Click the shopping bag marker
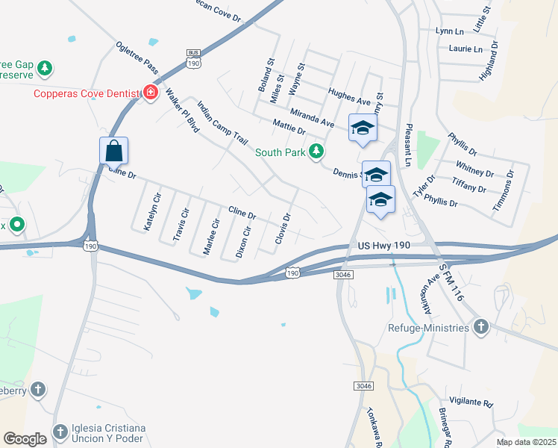pos(113,150)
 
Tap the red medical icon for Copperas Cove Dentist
pos(151,93)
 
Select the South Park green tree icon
pos(317,152)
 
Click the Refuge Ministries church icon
pos(481,327)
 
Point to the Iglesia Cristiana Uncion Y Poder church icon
pos(60,434)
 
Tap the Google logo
pos(25,438)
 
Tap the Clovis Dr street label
pos(281,228)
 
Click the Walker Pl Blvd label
pos(182,111)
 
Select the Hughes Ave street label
pos(349,96)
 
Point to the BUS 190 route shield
pos(193,59)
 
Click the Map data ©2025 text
pos(527,442)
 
